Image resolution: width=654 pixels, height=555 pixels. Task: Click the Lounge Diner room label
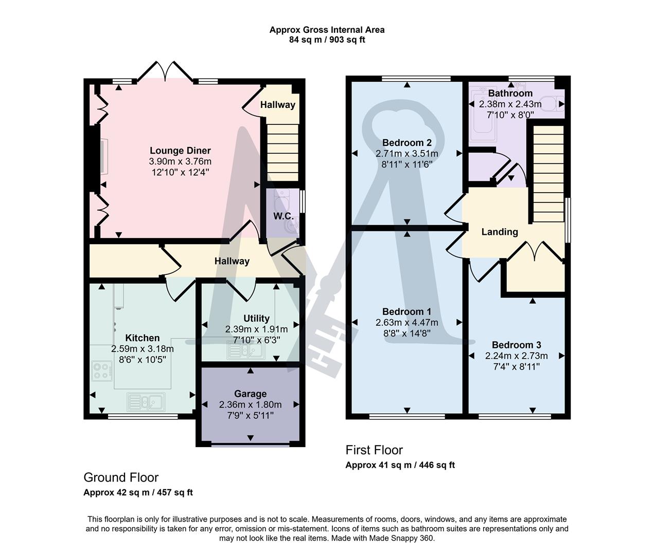(180, 151)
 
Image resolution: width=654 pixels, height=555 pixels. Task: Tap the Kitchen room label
(143, 338)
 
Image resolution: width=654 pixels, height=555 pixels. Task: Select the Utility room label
(256, 318)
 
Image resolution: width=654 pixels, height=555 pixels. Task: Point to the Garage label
(250, 394)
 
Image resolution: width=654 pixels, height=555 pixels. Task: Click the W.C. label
(283, 216)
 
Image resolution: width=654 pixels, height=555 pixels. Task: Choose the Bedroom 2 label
(406, 142)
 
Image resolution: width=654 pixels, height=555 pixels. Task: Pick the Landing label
(499, 232)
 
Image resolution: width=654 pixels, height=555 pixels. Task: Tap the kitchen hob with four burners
(102, 371)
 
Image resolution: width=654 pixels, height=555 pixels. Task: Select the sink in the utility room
(245, 350)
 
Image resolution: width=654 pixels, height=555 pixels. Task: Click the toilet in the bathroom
(554, 103)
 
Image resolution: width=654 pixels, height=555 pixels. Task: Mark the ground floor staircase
(282, 152)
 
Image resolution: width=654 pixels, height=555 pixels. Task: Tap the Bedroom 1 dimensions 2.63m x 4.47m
(406, 322)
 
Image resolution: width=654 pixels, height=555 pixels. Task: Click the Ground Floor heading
(121, 477)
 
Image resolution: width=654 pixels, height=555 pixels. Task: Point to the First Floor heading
(374, 450)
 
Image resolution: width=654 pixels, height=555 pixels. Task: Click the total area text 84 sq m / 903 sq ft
(327, 40)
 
